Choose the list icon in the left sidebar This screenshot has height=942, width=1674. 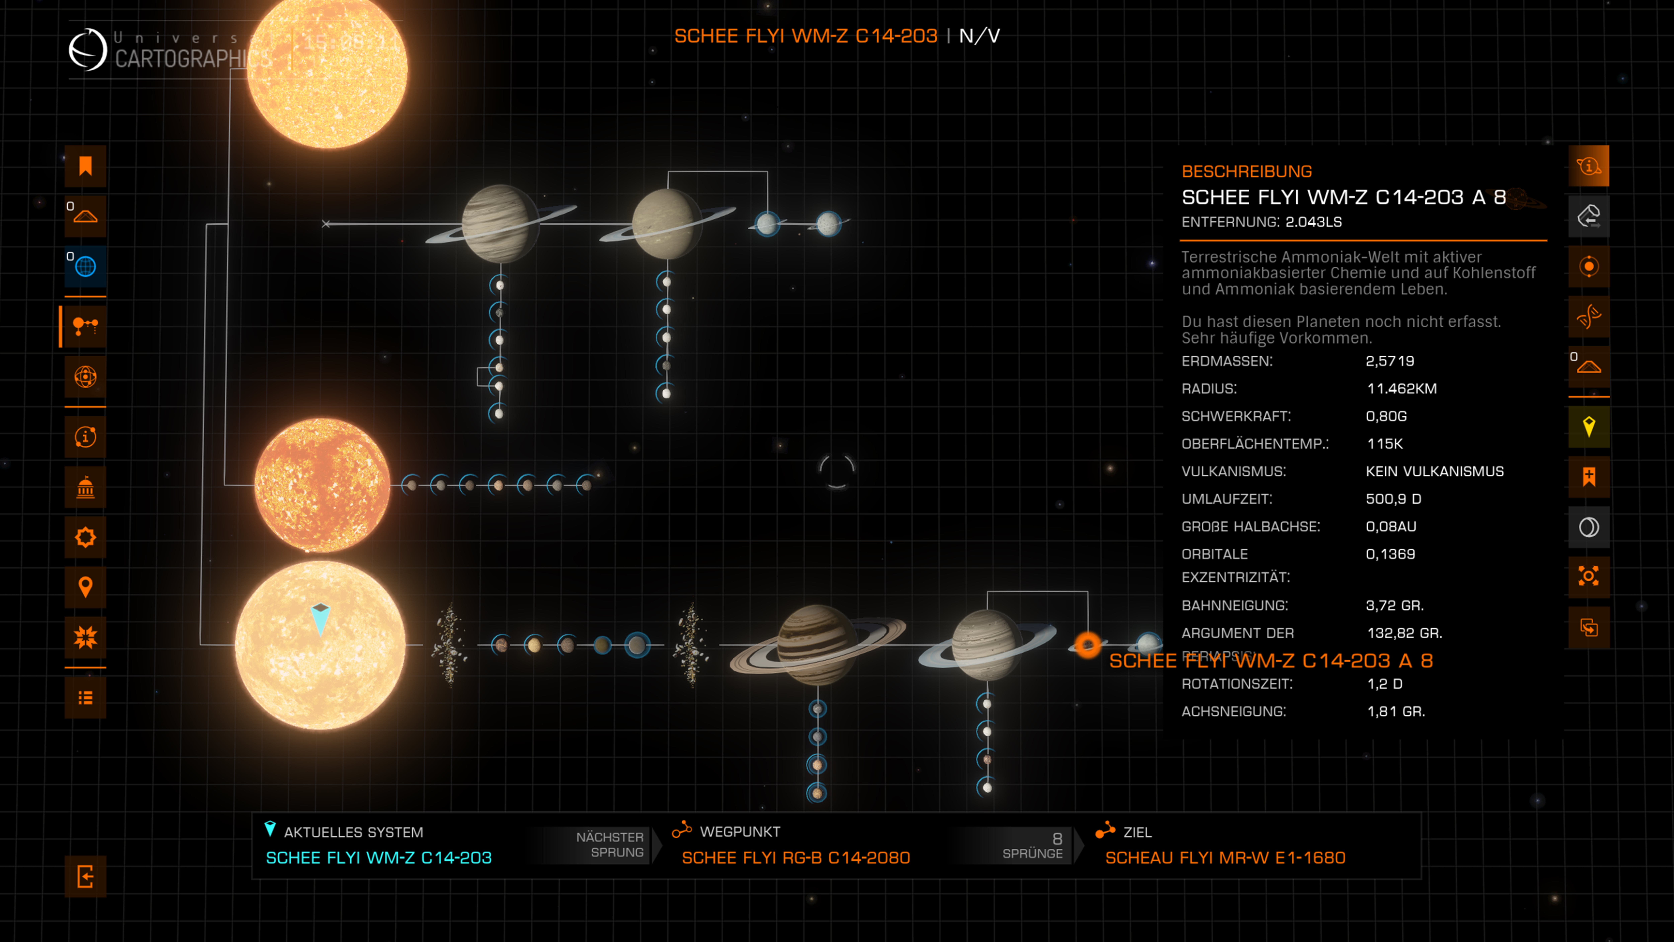[x=85, y=697]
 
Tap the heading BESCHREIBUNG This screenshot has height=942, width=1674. [x=1246, y=172]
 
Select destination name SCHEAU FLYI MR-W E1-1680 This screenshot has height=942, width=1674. [x=1225, y=857]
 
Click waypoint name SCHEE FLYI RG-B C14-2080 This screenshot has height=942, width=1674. [x=795, y=857]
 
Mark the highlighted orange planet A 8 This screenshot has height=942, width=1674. [x=1087, y=644]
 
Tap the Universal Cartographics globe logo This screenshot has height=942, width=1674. [x=88, y=49]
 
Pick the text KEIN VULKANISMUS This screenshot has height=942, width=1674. [x=1434, y=471]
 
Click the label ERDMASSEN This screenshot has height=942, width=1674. [x=1226, y=361]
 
